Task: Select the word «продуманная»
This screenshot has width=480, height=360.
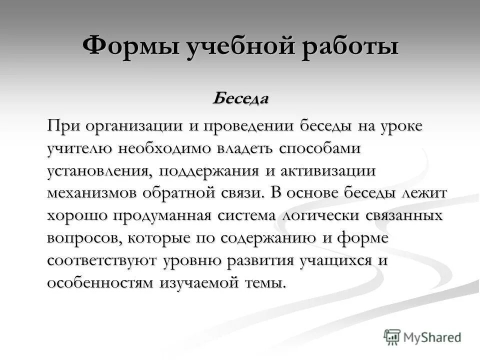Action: coord(164,216)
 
